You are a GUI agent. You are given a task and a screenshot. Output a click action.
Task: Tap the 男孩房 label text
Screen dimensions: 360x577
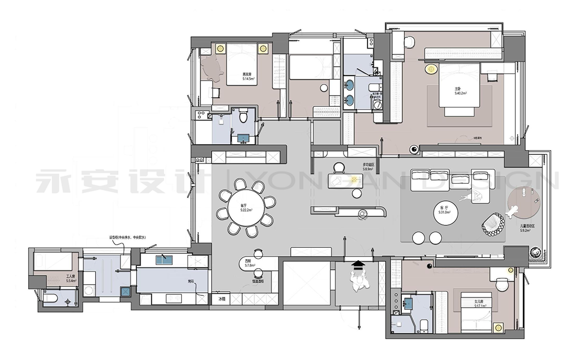point(247,74)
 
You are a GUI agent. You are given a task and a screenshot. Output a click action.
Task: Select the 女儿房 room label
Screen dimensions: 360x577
point(478,302)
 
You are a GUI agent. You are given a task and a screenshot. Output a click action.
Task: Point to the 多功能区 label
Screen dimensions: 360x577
point(368,165)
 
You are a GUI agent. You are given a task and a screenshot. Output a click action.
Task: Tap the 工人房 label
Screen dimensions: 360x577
point(71,277)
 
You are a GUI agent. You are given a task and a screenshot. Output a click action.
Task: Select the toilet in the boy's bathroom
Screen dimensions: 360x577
point(244,114)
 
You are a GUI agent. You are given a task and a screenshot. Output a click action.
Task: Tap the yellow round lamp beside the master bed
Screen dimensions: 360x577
point(431,68)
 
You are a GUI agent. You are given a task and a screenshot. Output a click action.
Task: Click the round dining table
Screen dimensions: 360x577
point(246,207)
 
